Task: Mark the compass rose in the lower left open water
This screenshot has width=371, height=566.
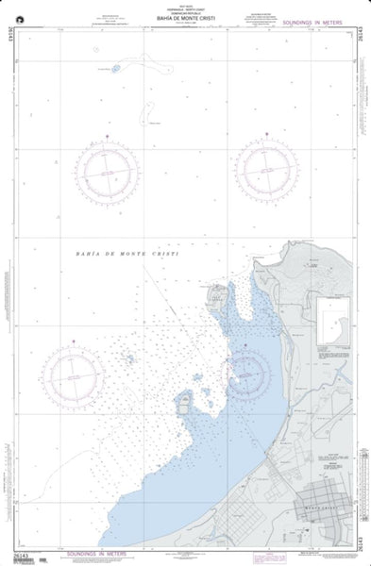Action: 76,377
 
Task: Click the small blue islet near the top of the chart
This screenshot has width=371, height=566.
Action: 116,68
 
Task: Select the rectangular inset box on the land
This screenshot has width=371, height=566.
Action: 333,321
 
